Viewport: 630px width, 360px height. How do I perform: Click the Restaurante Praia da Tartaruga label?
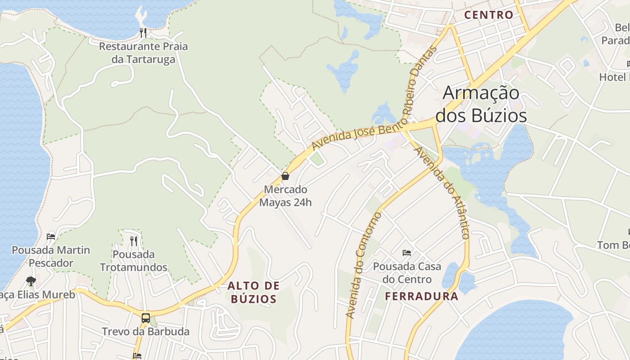143,53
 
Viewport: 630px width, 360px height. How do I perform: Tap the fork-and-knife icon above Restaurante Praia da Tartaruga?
143,32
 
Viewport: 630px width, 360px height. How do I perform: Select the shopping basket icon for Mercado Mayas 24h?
285,176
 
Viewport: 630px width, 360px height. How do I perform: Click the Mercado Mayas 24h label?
285,196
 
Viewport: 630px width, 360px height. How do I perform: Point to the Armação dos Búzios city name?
481,104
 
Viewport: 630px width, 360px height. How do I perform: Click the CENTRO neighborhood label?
489,15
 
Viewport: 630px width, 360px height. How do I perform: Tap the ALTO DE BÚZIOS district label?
253,292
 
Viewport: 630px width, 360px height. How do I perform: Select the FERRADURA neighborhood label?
422,296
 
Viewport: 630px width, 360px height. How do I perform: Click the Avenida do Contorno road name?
364,265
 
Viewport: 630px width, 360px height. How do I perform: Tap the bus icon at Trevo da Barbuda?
145,318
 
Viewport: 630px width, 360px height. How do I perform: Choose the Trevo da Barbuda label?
145,332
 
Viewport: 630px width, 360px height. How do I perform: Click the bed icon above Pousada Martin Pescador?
51,237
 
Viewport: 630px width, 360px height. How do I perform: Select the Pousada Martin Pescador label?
51,256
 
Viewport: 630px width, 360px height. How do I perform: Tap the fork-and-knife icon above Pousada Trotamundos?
134,241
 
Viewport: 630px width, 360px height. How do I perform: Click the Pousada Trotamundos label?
134,261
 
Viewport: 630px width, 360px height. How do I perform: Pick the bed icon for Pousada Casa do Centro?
407,253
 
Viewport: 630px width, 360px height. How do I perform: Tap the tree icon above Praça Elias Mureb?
31,281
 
